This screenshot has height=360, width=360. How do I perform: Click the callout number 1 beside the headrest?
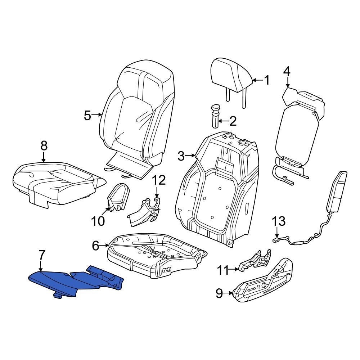266,80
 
